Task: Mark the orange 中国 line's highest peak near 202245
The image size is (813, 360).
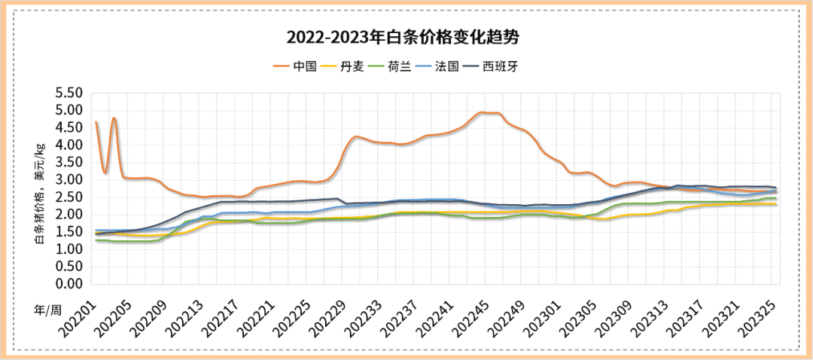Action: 483,112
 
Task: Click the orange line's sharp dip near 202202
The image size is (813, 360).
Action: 105,172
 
